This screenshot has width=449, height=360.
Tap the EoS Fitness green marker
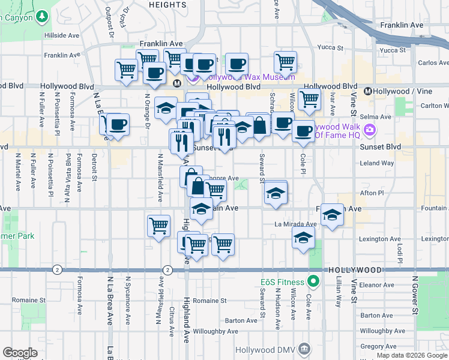pyautogui.click(x=313, y=281)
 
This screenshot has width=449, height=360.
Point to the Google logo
pyautogui.click(x=20, y=353)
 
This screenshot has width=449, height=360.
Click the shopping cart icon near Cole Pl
pyautogui.click(x=309, y=99)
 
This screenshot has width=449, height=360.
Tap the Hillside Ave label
pyautogui.click(x=63, y=35)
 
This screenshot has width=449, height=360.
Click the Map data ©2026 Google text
pyautogui.click(x=412, y=355)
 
